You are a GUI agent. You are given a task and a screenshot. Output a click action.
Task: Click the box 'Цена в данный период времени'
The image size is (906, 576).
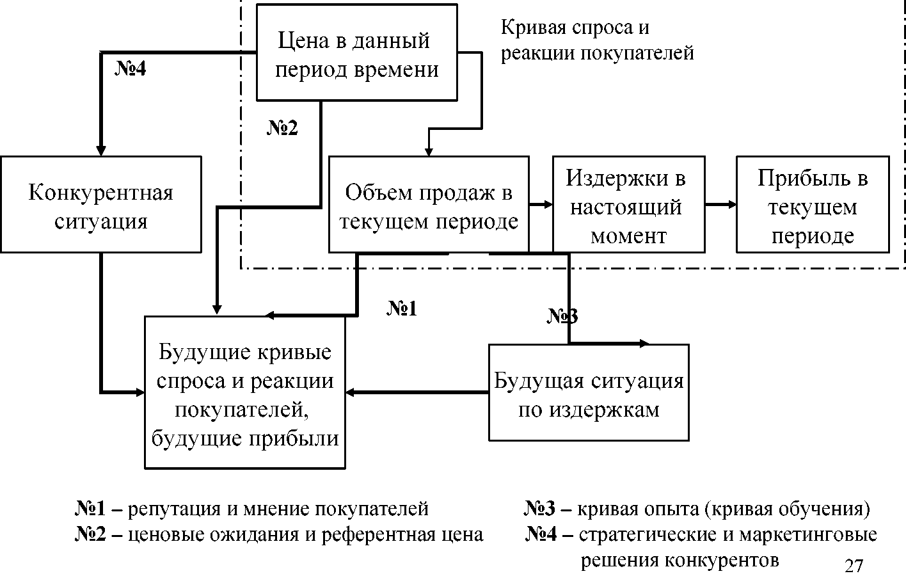357,52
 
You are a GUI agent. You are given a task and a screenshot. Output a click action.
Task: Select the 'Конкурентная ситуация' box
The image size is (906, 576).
100,204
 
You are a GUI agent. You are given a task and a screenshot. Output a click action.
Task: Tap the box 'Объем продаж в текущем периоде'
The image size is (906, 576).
429,204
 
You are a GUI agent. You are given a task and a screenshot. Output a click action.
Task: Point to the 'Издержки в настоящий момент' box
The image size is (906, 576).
628,204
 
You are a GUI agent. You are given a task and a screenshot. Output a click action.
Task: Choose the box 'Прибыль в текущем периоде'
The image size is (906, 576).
813,204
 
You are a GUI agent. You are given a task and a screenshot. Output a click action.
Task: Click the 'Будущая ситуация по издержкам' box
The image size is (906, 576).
589,392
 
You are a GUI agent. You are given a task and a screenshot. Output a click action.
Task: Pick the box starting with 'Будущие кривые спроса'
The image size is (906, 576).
244,392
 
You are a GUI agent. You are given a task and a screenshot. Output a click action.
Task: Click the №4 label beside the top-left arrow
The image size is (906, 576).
131,68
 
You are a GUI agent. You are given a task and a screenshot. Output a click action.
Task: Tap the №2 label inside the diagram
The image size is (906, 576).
282,127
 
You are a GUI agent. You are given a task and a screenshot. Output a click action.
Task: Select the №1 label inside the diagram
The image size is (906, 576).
402,308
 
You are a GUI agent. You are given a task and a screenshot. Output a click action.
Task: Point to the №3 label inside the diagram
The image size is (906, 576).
562,316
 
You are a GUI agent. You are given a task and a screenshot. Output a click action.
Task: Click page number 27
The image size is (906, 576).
854,566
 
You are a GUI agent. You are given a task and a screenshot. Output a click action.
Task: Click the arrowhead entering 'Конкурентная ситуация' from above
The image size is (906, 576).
100,151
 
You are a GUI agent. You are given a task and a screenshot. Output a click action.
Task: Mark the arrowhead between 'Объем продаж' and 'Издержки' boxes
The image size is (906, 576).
548,204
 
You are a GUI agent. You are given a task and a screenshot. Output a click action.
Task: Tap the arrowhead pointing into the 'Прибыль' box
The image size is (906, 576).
732,204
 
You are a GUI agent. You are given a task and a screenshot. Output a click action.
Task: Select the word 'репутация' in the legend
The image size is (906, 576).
174,509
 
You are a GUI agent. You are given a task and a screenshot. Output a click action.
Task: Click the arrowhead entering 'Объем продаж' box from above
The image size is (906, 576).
429,152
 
